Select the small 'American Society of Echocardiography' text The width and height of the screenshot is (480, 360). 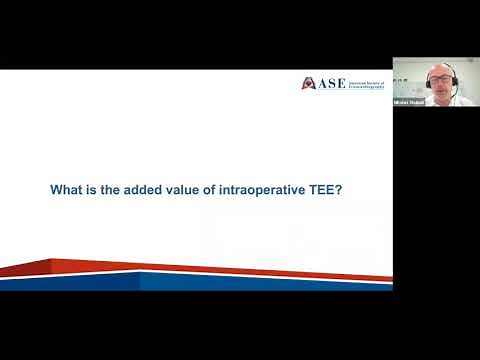366,83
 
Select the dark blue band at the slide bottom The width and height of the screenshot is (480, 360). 250,283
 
